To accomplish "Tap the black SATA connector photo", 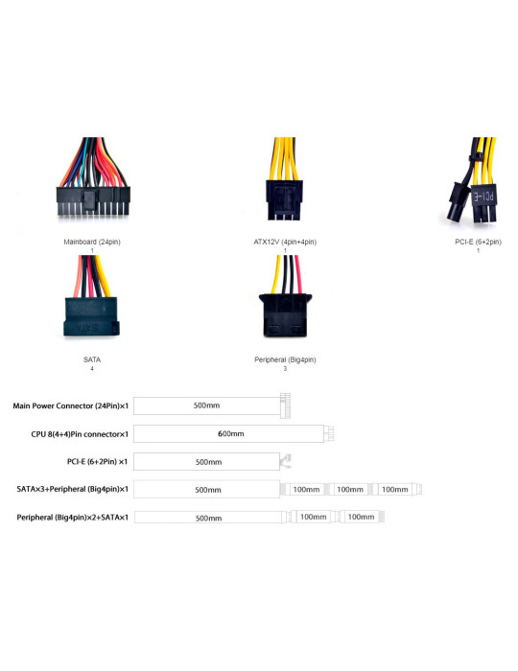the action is point(91,296).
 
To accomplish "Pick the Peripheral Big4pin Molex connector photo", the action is point(285,296).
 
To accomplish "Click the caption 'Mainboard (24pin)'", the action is point(92,242).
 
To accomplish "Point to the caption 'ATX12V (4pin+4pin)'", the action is point(285,242).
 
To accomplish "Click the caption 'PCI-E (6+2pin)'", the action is point(478,242).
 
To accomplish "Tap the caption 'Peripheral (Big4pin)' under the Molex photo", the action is point(285,359).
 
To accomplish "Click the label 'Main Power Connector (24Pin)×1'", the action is point(71,405).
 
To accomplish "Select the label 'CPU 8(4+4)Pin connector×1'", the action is point(80,434).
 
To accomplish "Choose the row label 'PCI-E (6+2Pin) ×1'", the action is point(97,461).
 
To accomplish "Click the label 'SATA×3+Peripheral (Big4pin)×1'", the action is point(72,489).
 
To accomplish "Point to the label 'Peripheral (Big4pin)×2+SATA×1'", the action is point(72,517).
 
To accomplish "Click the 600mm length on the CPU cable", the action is point(231,433).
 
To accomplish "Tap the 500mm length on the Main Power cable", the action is point(206,405).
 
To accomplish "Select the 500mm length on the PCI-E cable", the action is point(208,462).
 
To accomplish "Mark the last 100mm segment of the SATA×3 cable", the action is point(394,489).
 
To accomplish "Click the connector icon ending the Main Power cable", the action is point(285,405).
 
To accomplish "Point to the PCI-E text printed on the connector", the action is point(484,197).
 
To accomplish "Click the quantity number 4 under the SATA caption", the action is point(92,368).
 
